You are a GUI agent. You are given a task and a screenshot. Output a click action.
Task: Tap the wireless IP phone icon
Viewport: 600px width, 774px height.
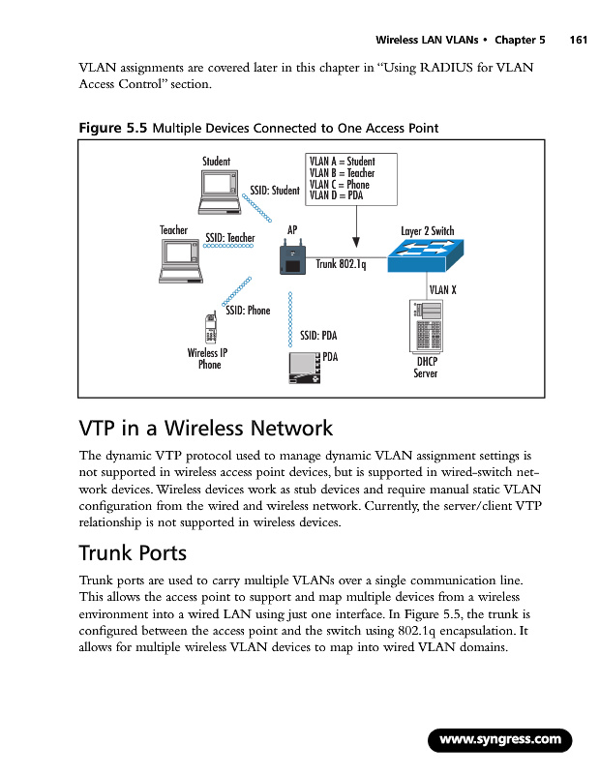point(211,328)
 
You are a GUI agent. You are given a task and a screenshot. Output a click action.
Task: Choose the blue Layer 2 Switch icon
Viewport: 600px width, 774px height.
point(426,254)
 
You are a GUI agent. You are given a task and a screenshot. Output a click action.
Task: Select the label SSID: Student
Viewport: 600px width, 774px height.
point(275,191)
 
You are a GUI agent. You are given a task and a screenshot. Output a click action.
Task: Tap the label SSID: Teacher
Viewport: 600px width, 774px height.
point(230,237)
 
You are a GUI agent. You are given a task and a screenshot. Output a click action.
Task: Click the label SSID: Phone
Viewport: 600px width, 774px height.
point(248,311)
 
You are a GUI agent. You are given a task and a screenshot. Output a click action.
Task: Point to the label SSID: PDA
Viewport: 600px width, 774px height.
point(317,336)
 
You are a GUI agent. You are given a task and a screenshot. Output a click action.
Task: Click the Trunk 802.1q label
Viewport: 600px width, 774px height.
point(341,265)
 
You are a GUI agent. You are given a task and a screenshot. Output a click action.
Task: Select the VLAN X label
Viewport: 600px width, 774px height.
point(442,288)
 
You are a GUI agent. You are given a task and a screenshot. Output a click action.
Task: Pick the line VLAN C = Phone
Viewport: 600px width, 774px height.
point(339,184)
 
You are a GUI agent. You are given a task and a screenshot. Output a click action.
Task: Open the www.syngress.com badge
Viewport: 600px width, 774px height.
point(500,741)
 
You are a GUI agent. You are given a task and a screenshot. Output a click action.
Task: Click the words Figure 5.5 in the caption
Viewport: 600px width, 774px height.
point(110,128)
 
